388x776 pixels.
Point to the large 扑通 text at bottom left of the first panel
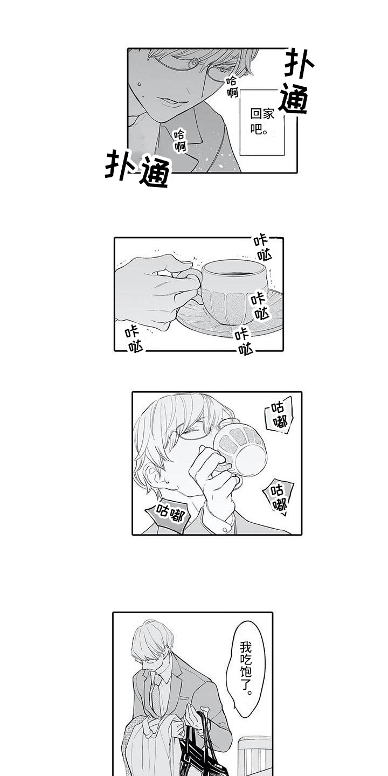(x=137, y=168)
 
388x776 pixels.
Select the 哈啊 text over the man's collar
(x=180, y=141)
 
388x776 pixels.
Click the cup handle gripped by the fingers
(x=191, y=280)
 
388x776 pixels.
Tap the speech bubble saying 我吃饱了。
(x=245, y=667)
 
